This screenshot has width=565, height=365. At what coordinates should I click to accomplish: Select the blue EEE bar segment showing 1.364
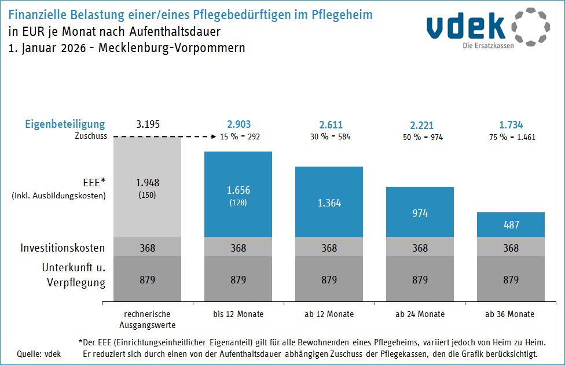pyautogui.click(x=329, y=202)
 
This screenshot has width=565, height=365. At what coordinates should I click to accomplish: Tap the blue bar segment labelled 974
pyautogui.click(x=420, y=212)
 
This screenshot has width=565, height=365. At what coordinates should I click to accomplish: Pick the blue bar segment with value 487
pyautogui.click(x=511, y=225)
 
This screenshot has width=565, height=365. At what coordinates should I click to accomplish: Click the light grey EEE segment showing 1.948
pyautogui.click(x=148, y=186)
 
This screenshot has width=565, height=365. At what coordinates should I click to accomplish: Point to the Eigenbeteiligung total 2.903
pyautogui.click(x=239, y=124)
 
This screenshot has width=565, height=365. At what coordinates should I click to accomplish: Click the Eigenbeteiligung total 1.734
pyautogui.click(x=511, y=124)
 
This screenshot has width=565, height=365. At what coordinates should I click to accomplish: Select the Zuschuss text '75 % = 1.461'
pyautogui.click(x=511, y=137)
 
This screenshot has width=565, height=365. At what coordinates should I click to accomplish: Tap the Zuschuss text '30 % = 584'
pyautogui.click(x=329, y=137)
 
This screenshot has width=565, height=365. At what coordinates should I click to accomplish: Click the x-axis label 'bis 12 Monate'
pyautogui.click(x=239, y=314)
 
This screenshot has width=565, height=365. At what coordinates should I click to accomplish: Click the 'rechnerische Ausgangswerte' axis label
pyautogui.click(x=148, y=319)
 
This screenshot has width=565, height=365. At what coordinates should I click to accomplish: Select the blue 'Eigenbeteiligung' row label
pyautogui.click(x=65, y=124)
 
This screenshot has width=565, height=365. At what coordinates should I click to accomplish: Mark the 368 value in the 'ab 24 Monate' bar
pyautogui.click(x=420, y=248)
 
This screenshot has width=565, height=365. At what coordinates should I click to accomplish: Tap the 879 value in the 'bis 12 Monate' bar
pyautogui.click(x=239, y=280)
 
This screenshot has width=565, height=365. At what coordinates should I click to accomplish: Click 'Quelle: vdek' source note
pyautogui.click(x=39, y=353)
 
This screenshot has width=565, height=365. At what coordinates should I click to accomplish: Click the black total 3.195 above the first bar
pyautogui.click(x=148, y=124)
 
